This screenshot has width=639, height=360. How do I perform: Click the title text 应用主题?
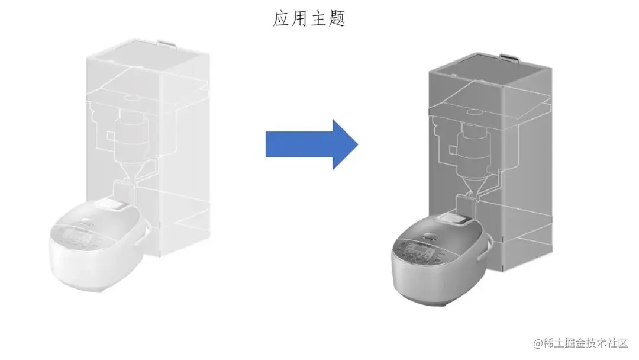click(x=309, y=19)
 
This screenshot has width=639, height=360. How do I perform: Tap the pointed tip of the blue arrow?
click(x=357, y=144)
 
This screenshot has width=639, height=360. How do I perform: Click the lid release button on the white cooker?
click(x=115, y=204)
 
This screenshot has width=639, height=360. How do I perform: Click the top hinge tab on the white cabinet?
click(x=166, y=44)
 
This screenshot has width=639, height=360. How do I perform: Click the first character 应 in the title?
click(x=281, y=19)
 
